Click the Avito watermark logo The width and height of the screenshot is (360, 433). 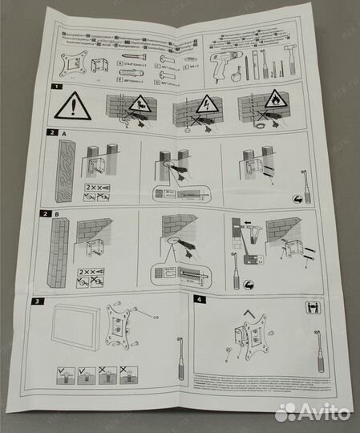pos(312,412)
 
